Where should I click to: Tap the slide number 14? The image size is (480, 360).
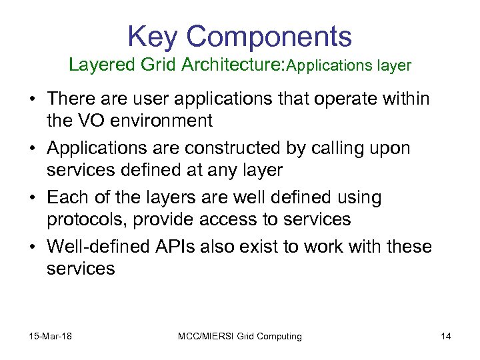pyautogui.click(x=445, y=336)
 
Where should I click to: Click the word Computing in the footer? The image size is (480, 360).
pyautogui.click(x=277, y=336)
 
